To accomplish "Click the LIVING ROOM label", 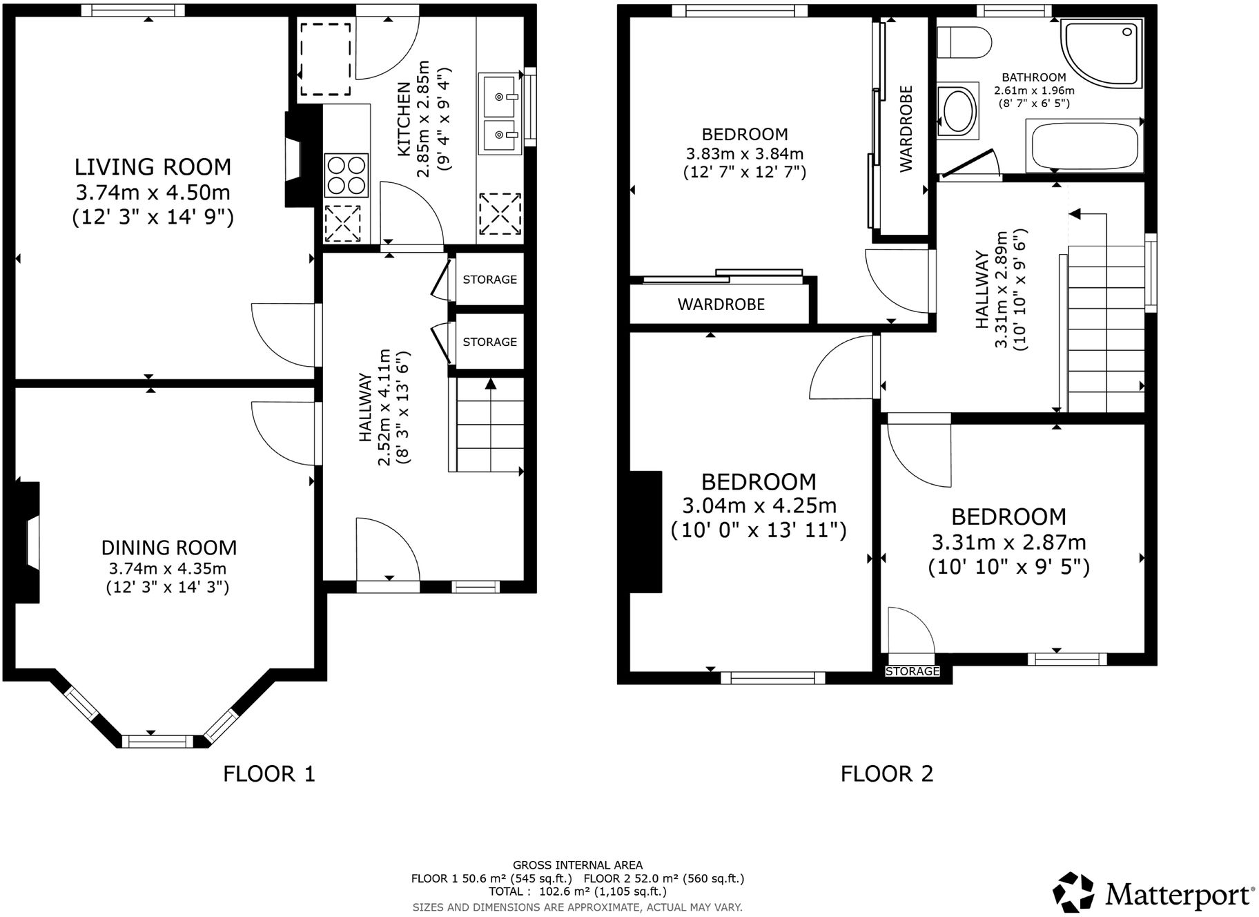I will click(153, 167).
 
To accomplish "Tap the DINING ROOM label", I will click(168, 548).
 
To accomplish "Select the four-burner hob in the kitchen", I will click(346, 176).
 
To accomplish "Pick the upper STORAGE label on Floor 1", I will click(489, 280).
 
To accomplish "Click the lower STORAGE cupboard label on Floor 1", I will click(489, 342).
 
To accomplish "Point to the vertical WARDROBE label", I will click(906, 128).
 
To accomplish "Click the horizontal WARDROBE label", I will click(721, 305).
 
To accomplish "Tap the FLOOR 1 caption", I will click(269, 773).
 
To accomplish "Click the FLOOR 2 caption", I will click(886, 773).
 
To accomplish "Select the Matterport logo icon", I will click(1073, 891).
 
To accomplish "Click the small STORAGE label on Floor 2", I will click(912, 671).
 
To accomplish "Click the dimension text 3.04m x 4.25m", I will click(759, 505).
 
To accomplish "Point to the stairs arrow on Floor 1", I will click(491, 384).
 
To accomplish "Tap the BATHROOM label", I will click(1033, 77).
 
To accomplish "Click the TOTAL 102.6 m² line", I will click(577, 891).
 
